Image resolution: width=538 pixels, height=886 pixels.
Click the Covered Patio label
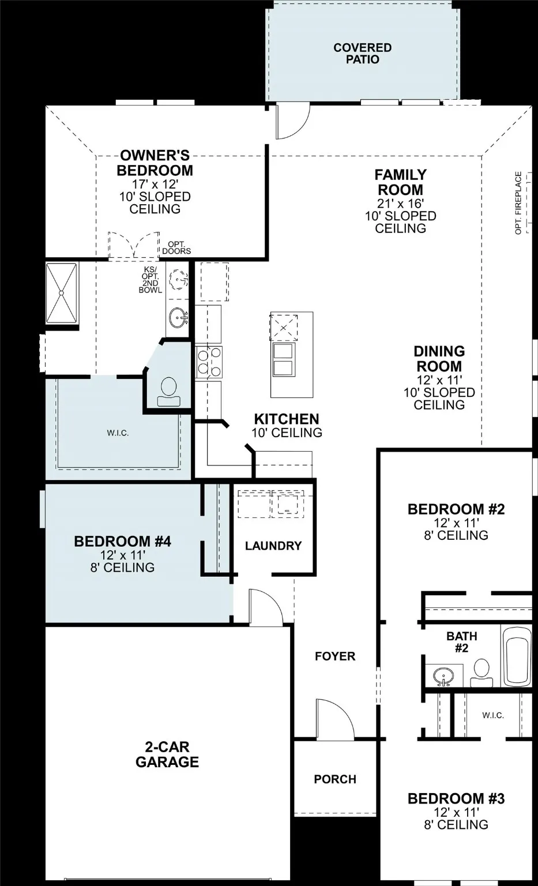pos(362,54)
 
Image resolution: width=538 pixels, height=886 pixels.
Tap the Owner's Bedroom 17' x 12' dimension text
pos(155,184)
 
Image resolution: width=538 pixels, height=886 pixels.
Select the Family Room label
pos(400,182)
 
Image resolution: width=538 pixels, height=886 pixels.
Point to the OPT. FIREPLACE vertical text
pos(518,202)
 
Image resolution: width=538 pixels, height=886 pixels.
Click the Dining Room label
pos(439,359)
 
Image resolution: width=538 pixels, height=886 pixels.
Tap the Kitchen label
pos(287,419)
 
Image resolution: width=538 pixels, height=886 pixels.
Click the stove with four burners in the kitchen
pos(209,361)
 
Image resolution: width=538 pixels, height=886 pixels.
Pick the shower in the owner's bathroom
pos(62,294)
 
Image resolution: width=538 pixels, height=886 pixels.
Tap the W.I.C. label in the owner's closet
pos(118,433)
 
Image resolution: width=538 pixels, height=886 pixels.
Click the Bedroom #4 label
pos(122,542)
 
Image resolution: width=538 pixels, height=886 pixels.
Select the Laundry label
pos(273,546)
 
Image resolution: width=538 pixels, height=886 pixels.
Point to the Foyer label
pos(335,656)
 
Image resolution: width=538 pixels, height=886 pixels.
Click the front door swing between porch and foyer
pos(334,718)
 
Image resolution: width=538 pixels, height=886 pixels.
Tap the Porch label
pos(335,779)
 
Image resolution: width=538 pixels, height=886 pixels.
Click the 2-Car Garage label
pos(167,754)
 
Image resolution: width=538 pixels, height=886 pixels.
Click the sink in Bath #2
pos(443,675)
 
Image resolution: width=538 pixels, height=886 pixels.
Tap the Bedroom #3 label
pos(456,799)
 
